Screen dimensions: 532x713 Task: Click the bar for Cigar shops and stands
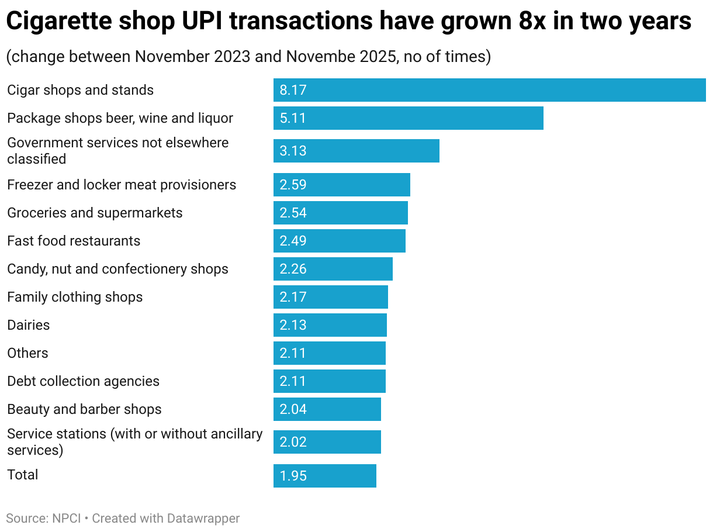point(489,90)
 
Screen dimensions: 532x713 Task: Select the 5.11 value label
point(293,118)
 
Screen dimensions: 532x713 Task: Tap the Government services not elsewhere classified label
point(117,151)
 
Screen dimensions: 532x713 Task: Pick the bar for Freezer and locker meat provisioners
point(341,185)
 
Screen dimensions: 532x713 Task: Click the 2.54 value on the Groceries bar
point(293,213)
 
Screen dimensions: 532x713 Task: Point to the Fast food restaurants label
point(74,241)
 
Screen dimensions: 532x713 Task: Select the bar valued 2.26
point(333,269)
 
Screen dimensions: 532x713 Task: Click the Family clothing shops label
point(75,297)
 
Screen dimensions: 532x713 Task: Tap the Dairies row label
point(29,325)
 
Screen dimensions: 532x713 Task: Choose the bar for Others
point(329,353)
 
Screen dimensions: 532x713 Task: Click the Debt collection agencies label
point(83,381)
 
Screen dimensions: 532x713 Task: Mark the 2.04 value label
point(293,409)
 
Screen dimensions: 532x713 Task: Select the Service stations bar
point(327,442)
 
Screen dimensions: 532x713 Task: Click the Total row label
point(23,475)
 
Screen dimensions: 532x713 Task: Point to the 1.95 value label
point(293,476)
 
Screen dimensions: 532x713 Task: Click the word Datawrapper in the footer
point(203,518)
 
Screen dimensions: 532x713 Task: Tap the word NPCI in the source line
point(65,518)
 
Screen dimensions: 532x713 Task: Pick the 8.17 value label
point(293,90)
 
